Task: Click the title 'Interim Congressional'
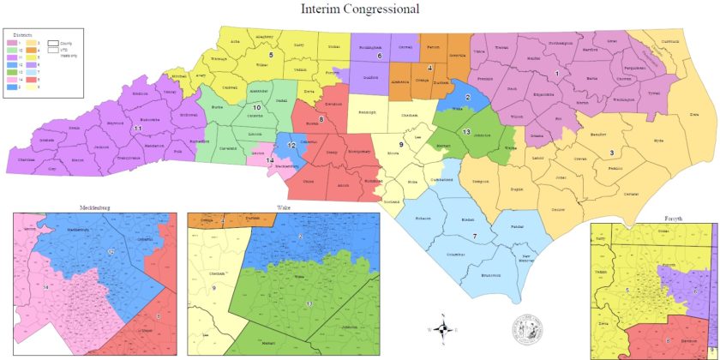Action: [360, 9]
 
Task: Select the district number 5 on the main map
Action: [271, 55]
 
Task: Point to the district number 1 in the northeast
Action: [557, 74]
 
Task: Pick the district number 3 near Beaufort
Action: [611, 153]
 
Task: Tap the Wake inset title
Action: [283, 208]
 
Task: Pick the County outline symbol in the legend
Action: [53, 41]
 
